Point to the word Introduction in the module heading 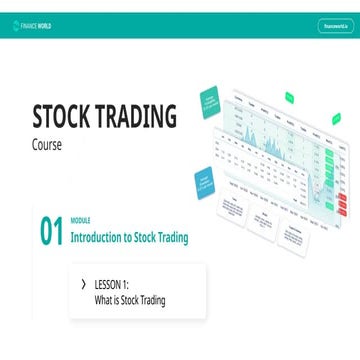98,238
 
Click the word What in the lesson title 105,300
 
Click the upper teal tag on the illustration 211,100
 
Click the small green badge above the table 288,97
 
